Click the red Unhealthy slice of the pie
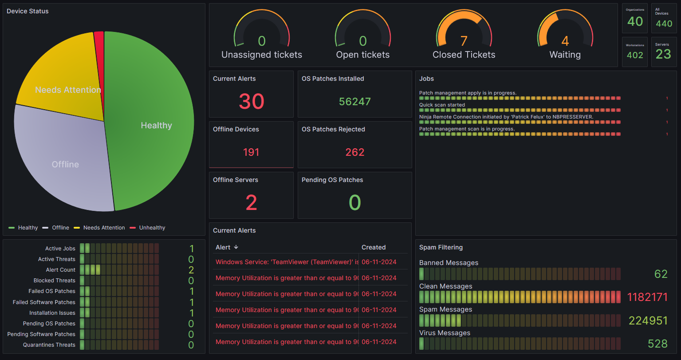(x=99, y=44)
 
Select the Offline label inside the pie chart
(x=65, y=164)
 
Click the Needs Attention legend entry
(x=104, y=228)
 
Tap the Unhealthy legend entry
(x=152, y=228)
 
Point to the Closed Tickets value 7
(x=464, y=41)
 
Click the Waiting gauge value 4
(x=565, y=41)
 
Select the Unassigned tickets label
(x=261, y=55)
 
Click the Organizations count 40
(x=635, y=21)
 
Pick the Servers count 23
(x=663, y=54)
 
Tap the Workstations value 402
(x=635, y=55)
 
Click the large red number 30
(x=251, y=101)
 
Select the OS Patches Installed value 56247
(x=354, y=102)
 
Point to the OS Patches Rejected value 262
(x=354, y=152)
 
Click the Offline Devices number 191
(x=251, y=152)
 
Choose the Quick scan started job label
(x=442, y=105)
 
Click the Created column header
(x=374, y=247)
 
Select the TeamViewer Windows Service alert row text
(x=287, y=262)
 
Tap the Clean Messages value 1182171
(x=647, y=297)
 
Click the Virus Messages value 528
(x=657, y=344)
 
